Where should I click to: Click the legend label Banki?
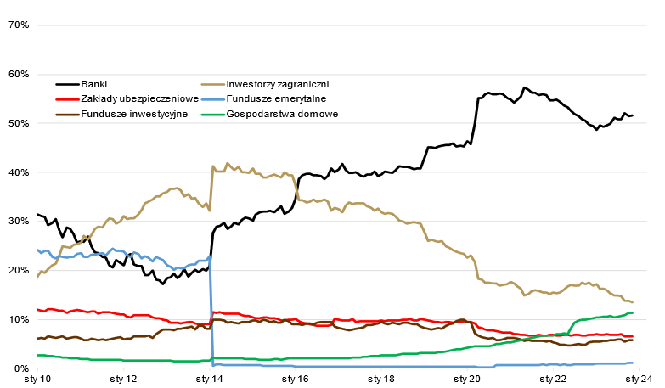point(94,84)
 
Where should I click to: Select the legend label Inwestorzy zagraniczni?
point(277,84)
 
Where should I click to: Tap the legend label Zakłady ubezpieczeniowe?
point(139,98)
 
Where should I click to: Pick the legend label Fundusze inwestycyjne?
point(134,113)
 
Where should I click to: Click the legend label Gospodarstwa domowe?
point(283,113)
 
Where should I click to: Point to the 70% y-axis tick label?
point(19,25)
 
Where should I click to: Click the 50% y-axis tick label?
point(19,123)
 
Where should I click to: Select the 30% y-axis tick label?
point(19,222)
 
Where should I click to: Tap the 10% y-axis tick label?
point(19,319)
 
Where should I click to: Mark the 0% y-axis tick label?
point(21,368)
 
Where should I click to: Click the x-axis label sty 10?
point(38,380)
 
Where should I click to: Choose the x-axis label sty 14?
point(210,380)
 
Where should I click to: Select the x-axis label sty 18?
point(381,380)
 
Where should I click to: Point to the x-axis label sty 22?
point(553,380)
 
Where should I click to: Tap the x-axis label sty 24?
point(638,380)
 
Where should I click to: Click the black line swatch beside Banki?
point(67,84)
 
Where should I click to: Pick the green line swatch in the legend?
point(215,113)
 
